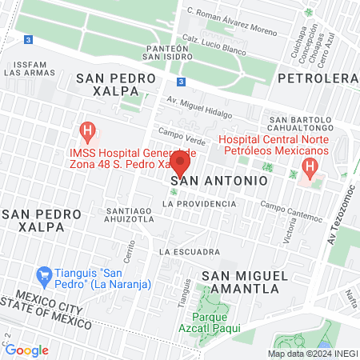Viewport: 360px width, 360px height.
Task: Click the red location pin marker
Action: point(180,164)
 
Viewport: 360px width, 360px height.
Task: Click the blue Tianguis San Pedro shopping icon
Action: point(46,274)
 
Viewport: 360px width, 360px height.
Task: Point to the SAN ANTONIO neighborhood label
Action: point(218,182)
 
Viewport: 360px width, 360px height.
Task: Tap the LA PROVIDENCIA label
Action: point(199,204)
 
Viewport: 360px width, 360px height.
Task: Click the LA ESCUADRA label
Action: point(189,252)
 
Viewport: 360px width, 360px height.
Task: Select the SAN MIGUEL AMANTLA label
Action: point(244,282)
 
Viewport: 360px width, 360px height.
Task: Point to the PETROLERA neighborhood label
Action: point(318,78)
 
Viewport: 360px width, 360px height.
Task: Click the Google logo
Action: point(27,350)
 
